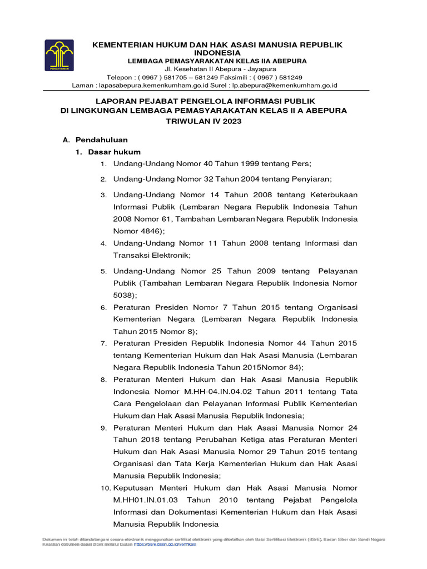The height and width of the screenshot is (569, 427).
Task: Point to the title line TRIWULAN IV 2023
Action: [203, 121]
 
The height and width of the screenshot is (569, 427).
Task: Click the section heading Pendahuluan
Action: [101, 140]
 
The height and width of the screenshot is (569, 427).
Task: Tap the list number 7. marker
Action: [103, 343]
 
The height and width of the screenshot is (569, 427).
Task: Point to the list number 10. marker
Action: [105, 488]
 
